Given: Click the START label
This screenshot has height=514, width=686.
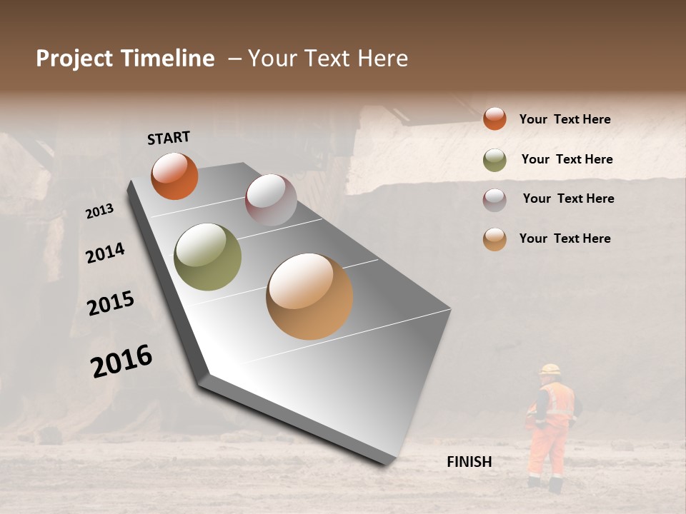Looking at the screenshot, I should [169, 138].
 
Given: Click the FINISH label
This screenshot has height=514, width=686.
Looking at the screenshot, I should [469, 462].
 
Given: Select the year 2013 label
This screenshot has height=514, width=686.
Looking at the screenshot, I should [99, 211].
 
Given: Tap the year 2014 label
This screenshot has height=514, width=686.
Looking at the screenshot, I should [105, 253].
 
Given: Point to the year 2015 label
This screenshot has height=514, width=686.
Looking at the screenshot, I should [111, 303].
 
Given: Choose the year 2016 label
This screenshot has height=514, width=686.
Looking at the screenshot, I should [121, 361].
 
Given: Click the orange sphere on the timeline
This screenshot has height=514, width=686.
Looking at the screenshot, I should [174, 176].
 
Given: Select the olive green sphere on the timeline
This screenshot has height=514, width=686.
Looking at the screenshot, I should [208, 257].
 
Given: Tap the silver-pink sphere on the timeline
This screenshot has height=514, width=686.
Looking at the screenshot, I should [271, 200].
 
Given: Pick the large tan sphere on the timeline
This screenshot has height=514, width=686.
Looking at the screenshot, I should [309, 296].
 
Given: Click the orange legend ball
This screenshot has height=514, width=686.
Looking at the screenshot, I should [494, 119].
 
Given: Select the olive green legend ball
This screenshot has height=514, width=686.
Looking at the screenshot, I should [494, 160].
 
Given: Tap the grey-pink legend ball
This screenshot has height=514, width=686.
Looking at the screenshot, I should [494, 200].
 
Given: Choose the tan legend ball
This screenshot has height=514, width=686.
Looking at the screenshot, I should [494, 239].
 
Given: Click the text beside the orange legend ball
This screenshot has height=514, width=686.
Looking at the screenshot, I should [565, 119].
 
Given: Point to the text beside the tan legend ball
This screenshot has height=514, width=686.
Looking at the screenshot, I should [565, 238].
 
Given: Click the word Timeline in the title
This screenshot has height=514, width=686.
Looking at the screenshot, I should [168, 59].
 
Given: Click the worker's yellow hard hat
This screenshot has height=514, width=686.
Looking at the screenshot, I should [550, 369].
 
